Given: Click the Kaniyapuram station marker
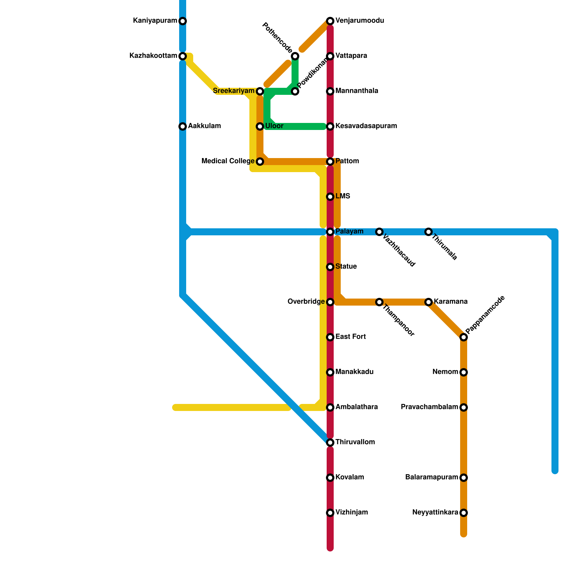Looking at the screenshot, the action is click(183, 21).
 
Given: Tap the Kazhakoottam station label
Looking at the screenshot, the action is click(153, 56).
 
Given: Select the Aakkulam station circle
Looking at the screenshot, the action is click(183, 126).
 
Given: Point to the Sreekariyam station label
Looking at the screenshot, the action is click(234, 91).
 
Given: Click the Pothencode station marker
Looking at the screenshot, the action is click(295, 56).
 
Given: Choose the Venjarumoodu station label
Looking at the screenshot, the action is click(359, 21).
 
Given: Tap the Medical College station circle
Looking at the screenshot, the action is click(260, 162).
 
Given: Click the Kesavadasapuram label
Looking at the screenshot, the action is click(366, 126).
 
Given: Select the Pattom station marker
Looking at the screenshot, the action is click(330, 162).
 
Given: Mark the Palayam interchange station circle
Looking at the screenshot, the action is click(330, 232).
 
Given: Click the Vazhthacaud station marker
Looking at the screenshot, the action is click(379, 232).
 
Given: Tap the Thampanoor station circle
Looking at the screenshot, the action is click(379, 302).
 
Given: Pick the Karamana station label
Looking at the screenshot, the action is click(450, 302).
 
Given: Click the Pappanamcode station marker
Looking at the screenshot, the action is click(464, 337).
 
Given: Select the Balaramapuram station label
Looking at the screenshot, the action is click(432, 477).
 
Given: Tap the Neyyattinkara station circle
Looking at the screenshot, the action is click(464, 513).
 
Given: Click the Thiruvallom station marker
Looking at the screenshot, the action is click(330, 443).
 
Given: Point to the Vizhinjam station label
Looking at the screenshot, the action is click(351, 512).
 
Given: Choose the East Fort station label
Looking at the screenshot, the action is click(351, 337).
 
